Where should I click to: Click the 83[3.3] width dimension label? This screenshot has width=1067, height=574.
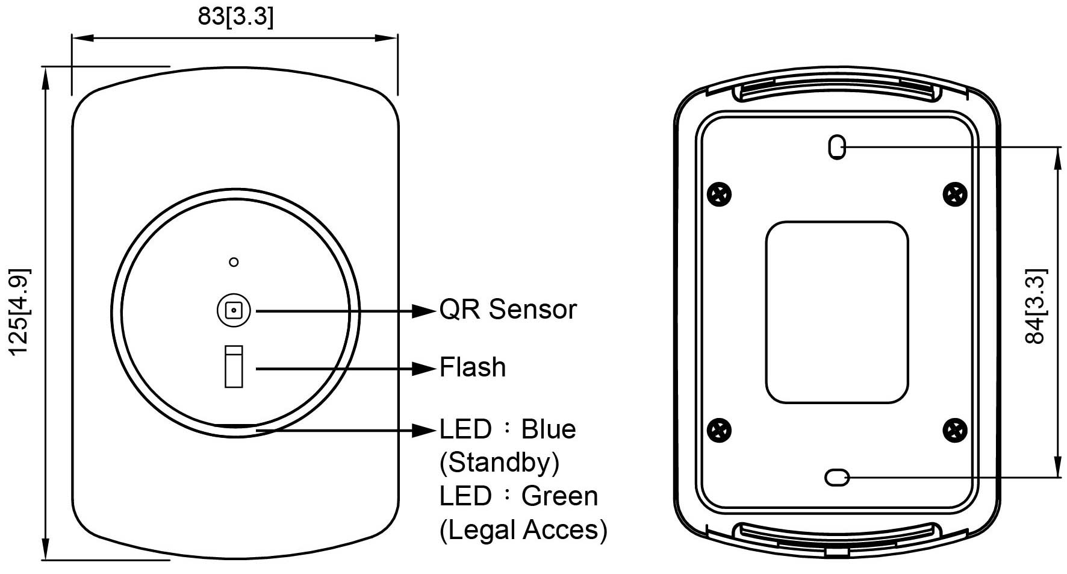click(235, 16)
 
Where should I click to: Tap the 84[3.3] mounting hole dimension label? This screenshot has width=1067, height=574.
click(1035, 306)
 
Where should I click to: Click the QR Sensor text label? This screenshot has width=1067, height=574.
click(508, 310)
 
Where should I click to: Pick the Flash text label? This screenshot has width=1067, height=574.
click(473, 367)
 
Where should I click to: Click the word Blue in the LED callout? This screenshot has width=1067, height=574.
click(548, 429)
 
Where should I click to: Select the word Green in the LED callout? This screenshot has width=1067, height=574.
click(559, 497)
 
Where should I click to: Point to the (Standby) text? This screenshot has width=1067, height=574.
click(499, 463)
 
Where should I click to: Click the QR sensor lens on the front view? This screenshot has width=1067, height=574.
click(234, 311)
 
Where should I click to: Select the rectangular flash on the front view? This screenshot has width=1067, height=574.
click(234, 366)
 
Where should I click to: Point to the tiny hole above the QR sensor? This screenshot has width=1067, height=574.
click(234, 262)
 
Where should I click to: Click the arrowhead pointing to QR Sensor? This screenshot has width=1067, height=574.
click(423, 311)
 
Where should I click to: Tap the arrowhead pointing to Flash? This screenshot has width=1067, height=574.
click(423, 368)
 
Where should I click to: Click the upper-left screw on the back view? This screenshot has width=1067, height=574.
click(719, 194)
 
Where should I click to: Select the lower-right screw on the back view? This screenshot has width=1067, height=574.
click(954, 429)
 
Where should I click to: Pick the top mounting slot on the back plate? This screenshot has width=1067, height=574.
click(837, 146)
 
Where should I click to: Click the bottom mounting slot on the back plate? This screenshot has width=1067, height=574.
click(837, 478)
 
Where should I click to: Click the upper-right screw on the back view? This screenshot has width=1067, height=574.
click(954, 194)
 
